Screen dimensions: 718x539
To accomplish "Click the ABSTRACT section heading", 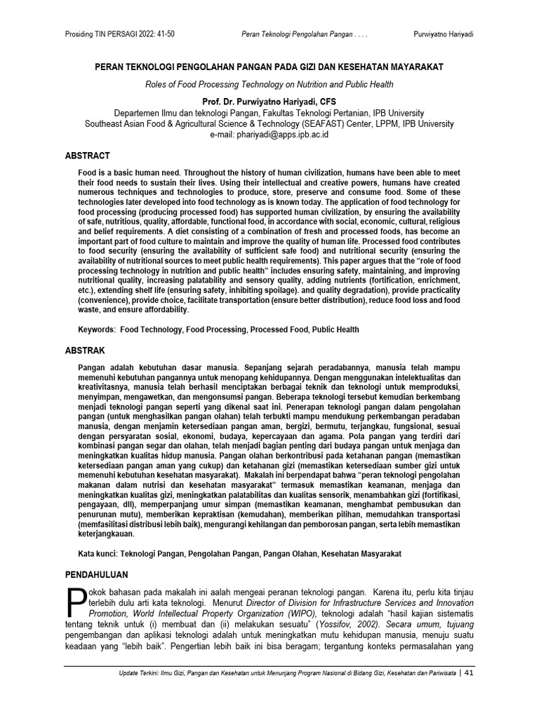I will click(x=88, y=156).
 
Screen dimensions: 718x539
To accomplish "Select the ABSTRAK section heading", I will click(x=86, y=348).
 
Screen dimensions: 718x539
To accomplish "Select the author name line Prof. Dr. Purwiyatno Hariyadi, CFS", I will click(x=269, y=101).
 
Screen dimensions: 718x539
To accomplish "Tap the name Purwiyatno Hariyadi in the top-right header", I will click(x=443, y=35).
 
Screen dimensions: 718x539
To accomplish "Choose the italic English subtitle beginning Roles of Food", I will click(x=269, y=85).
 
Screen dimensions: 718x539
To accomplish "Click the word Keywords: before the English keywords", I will click(x=96, y=330).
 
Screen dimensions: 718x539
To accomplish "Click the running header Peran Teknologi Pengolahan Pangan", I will click(x=298, y=35).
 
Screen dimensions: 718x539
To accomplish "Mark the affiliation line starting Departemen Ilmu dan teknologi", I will click(x=269, y=112).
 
